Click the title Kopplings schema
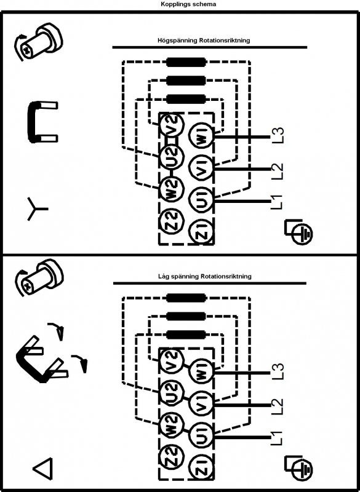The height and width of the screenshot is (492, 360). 188,4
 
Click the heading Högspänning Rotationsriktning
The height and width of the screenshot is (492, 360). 204,41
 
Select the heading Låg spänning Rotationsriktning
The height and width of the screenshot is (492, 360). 205,276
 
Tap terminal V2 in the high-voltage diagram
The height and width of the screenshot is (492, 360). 171,125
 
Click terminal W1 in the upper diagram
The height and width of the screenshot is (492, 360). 201,136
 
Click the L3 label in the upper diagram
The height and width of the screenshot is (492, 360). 277,135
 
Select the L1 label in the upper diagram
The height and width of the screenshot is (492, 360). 277,202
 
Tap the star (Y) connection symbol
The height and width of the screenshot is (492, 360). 36,208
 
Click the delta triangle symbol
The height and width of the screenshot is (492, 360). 42,469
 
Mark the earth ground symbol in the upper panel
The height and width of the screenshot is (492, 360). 298,232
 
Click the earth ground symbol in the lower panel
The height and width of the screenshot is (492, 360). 298,468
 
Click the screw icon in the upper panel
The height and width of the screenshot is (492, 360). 38,42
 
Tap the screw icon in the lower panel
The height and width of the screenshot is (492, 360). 39,278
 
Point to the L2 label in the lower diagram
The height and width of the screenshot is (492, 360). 277,407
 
